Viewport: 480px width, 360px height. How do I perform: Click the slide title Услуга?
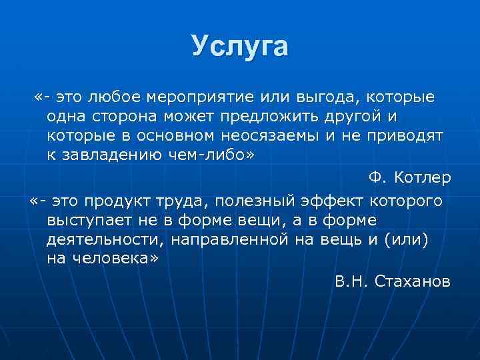coord(239,47)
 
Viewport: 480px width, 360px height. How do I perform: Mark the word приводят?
coord(407,136)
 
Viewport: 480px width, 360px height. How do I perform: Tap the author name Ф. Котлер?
coord(409,178)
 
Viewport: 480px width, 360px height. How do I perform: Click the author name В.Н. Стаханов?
coord(393,282)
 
